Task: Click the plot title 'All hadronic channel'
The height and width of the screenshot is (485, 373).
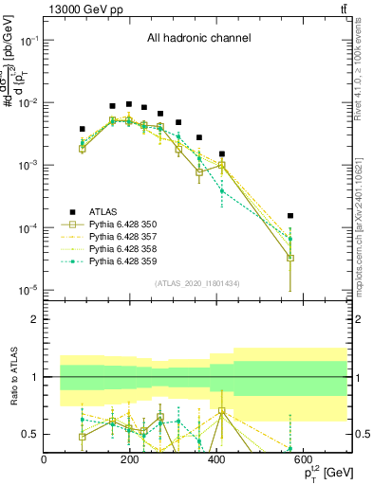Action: point(198,39)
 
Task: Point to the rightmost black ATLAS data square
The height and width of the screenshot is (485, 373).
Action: point(290,216)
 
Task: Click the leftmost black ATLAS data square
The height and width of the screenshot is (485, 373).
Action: point(83,129)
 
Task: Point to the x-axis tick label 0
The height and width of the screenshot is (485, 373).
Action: point(45,460)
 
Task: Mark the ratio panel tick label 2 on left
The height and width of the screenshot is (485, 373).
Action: point(35,319)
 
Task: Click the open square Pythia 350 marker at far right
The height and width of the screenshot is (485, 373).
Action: point(290,257)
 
